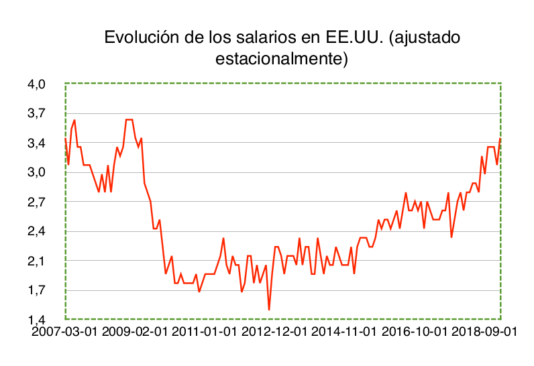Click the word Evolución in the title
(140, 38)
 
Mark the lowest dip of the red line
(269, 309)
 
